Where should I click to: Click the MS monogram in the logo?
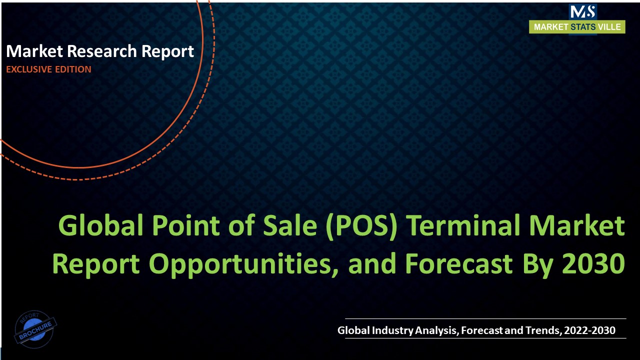[582, 12]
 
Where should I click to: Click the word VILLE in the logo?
[610, 27]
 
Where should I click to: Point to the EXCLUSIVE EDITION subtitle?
[48, 69]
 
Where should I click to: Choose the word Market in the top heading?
[34, 51]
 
